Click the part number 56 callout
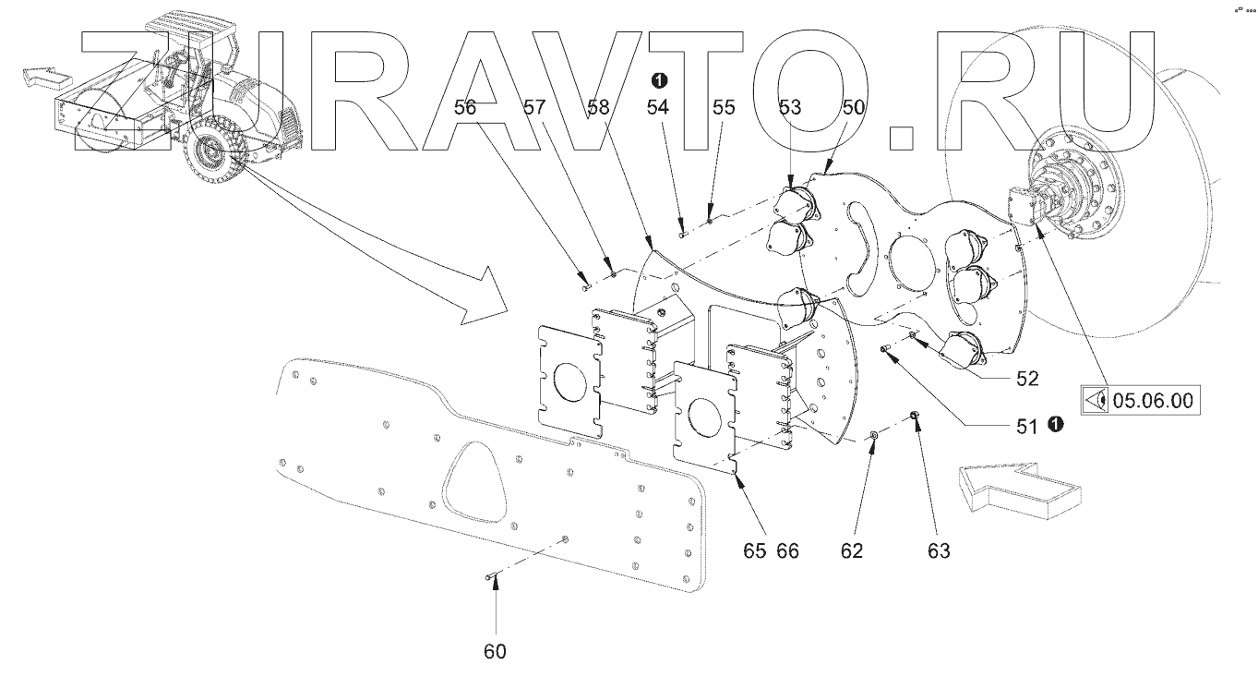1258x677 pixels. (x=465, y=107)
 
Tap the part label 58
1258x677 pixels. (x=599, y=107)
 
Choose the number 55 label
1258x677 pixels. (x=724, y=107)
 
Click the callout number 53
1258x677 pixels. (x=790, y=107)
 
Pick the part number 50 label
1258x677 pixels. (x=853, y=107)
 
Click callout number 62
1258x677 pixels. (x=851, y=551)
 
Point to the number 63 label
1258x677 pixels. (x=938, y=551)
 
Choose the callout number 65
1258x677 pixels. (x=755, y=551)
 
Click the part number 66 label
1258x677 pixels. (x=787, y=551)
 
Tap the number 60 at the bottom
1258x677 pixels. (x=495, y=651)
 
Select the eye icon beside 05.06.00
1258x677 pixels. (x=1097, y=401)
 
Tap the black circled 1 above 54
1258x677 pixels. (x=659, y=79)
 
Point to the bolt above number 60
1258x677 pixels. (x=490, y=577)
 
